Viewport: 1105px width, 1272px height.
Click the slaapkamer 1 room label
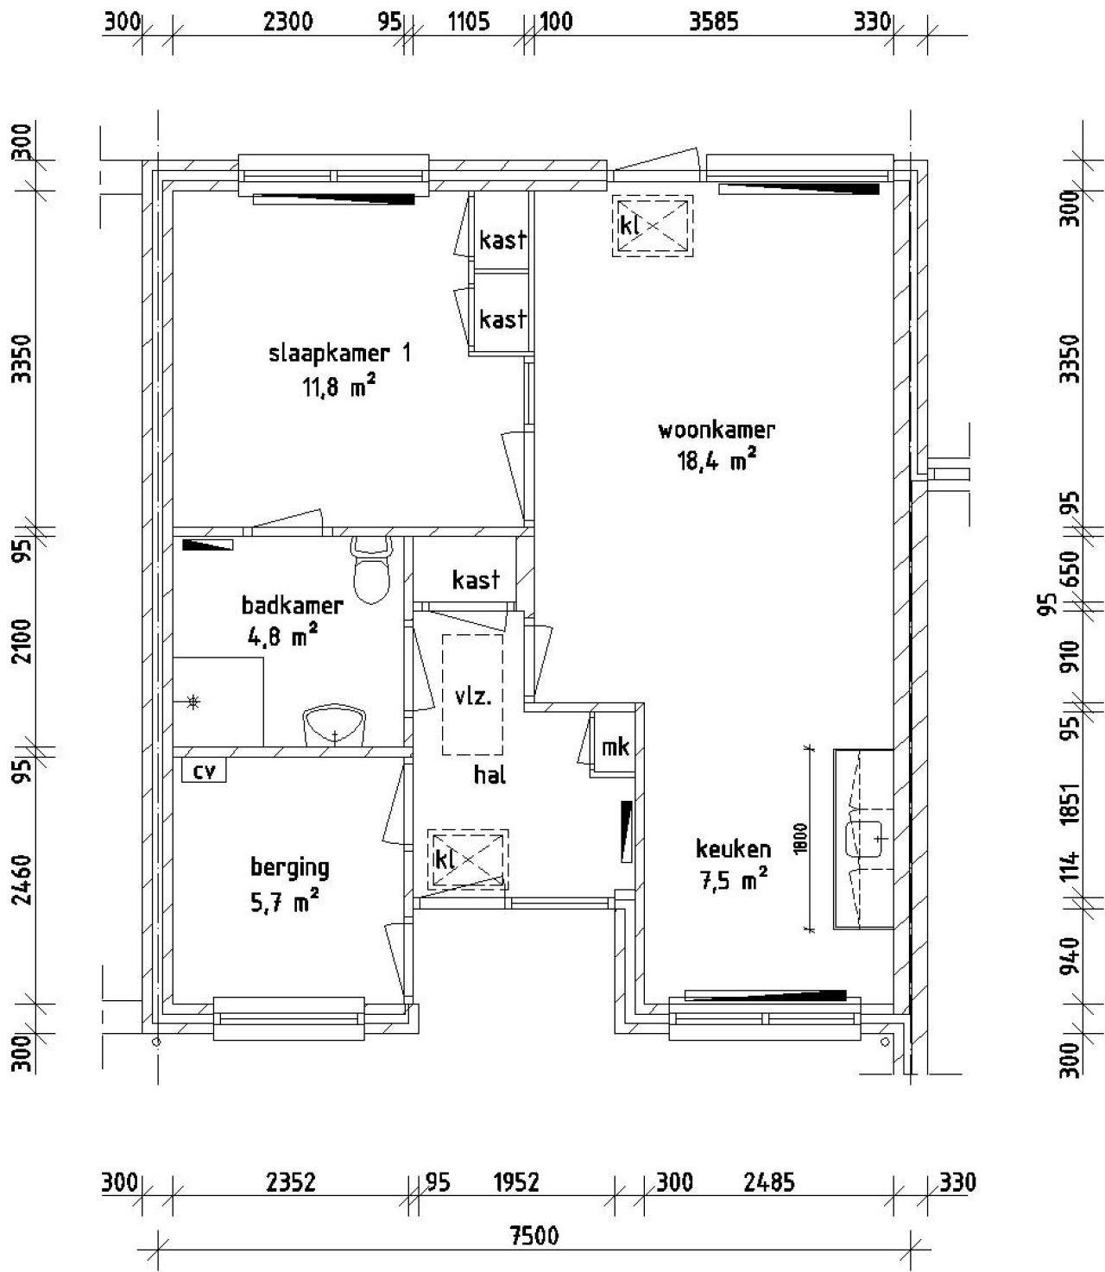339,354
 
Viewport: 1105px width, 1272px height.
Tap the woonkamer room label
717,430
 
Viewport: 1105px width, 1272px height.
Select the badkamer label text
293,605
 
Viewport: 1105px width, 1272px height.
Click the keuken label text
733,848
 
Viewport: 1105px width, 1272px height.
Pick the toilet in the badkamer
371,570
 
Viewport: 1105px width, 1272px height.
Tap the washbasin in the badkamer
335,726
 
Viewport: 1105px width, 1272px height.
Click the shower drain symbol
193,702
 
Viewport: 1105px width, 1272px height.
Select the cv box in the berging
204,771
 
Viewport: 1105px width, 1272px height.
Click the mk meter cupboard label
615,746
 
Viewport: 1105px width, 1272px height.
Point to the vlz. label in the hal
473,696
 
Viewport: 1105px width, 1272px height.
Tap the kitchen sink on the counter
864,839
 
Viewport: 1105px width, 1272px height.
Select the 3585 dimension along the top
714,22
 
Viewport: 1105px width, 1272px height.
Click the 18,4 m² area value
717,461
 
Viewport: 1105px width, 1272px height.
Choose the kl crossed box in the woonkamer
653,225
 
